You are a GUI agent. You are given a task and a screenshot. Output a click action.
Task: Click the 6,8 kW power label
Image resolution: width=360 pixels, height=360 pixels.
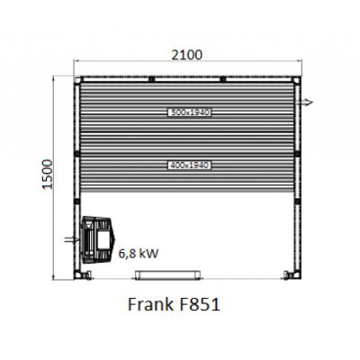pyautogui.click(x=139, y=254)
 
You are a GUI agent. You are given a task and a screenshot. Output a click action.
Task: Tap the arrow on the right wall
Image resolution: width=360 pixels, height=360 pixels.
pyautogui.click(x=307, y=101)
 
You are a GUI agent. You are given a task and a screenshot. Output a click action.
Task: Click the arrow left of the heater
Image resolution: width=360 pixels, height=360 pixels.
pyautogui.click(x=68, y=239)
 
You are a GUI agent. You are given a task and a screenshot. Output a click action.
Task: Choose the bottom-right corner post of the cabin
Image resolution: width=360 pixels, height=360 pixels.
pyautogui.click(x=289, y=272)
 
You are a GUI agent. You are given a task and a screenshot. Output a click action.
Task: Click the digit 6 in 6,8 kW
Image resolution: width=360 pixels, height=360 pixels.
pyautogui.click(x=122, y=254)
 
